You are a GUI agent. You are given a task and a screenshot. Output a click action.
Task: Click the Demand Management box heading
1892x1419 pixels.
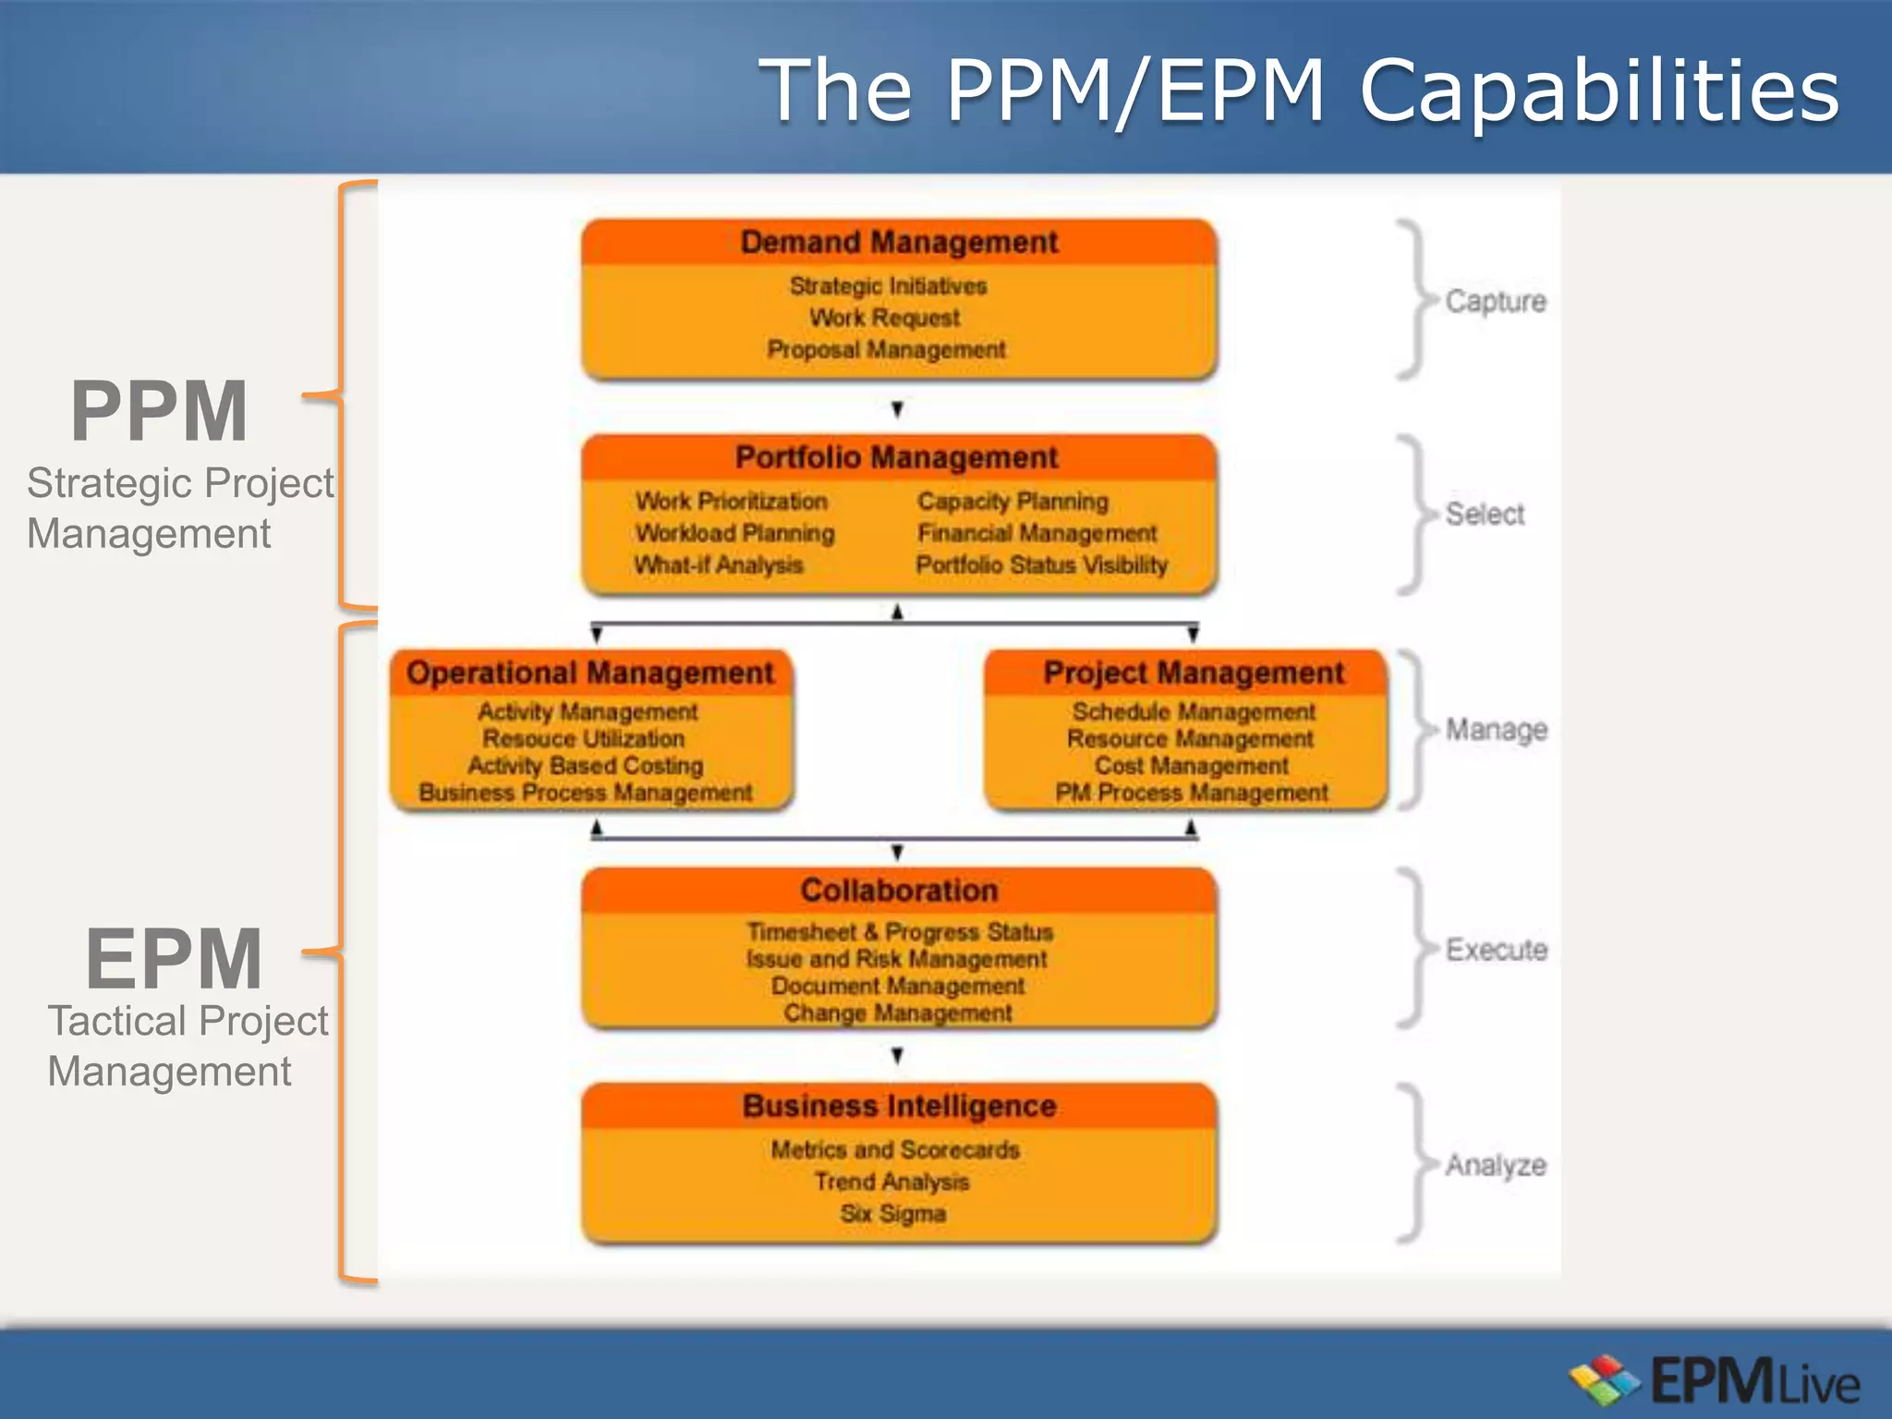point(899,242)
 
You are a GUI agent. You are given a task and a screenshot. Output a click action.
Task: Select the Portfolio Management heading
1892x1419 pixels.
point(896,457)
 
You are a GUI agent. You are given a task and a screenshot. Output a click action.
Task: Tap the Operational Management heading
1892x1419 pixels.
point(590,673)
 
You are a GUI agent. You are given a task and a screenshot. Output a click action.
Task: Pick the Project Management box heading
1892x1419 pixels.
point(1194,673)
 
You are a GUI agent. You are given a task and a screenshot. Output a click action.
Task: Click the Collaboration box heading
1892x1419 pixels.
point(899,891)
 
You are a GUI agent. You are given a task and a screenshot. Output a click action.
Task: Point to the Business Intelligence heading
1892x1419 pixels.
point(899,1106)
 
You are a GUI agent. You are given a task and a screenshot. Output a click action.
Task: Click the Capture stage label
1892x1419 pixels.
point(1496,301)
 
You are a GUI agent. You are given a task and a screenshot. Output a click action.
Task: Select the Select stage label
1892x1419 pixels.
point(1485,514)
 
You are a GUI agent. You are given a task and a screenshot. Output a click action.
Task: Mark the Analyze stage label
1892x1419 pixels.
point(1496,1166)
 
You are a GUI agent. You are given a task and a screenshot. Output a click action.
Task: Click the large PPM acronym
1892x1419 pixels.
point(160,411)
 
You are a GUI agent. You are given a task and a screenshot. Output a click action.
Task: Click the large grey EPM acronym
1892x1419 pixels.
point(174,959)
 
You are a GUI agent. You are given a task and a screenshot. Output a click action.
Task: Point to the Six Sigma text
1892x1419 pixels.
point(893,1214)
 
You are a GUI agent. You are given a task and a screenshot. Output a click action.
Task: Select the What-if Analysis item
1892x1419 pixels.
point(719,564)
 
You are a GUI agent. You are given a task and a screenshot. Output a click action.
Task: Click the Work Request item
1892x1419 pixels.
point(885,318)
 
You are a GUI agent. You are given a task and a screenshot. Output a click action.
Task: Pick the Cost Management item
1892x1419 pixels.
point(1192,766)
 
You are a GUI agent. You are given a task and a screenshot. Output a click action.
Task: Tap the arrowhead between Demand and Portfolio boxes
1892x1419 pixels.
point(897,408)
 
